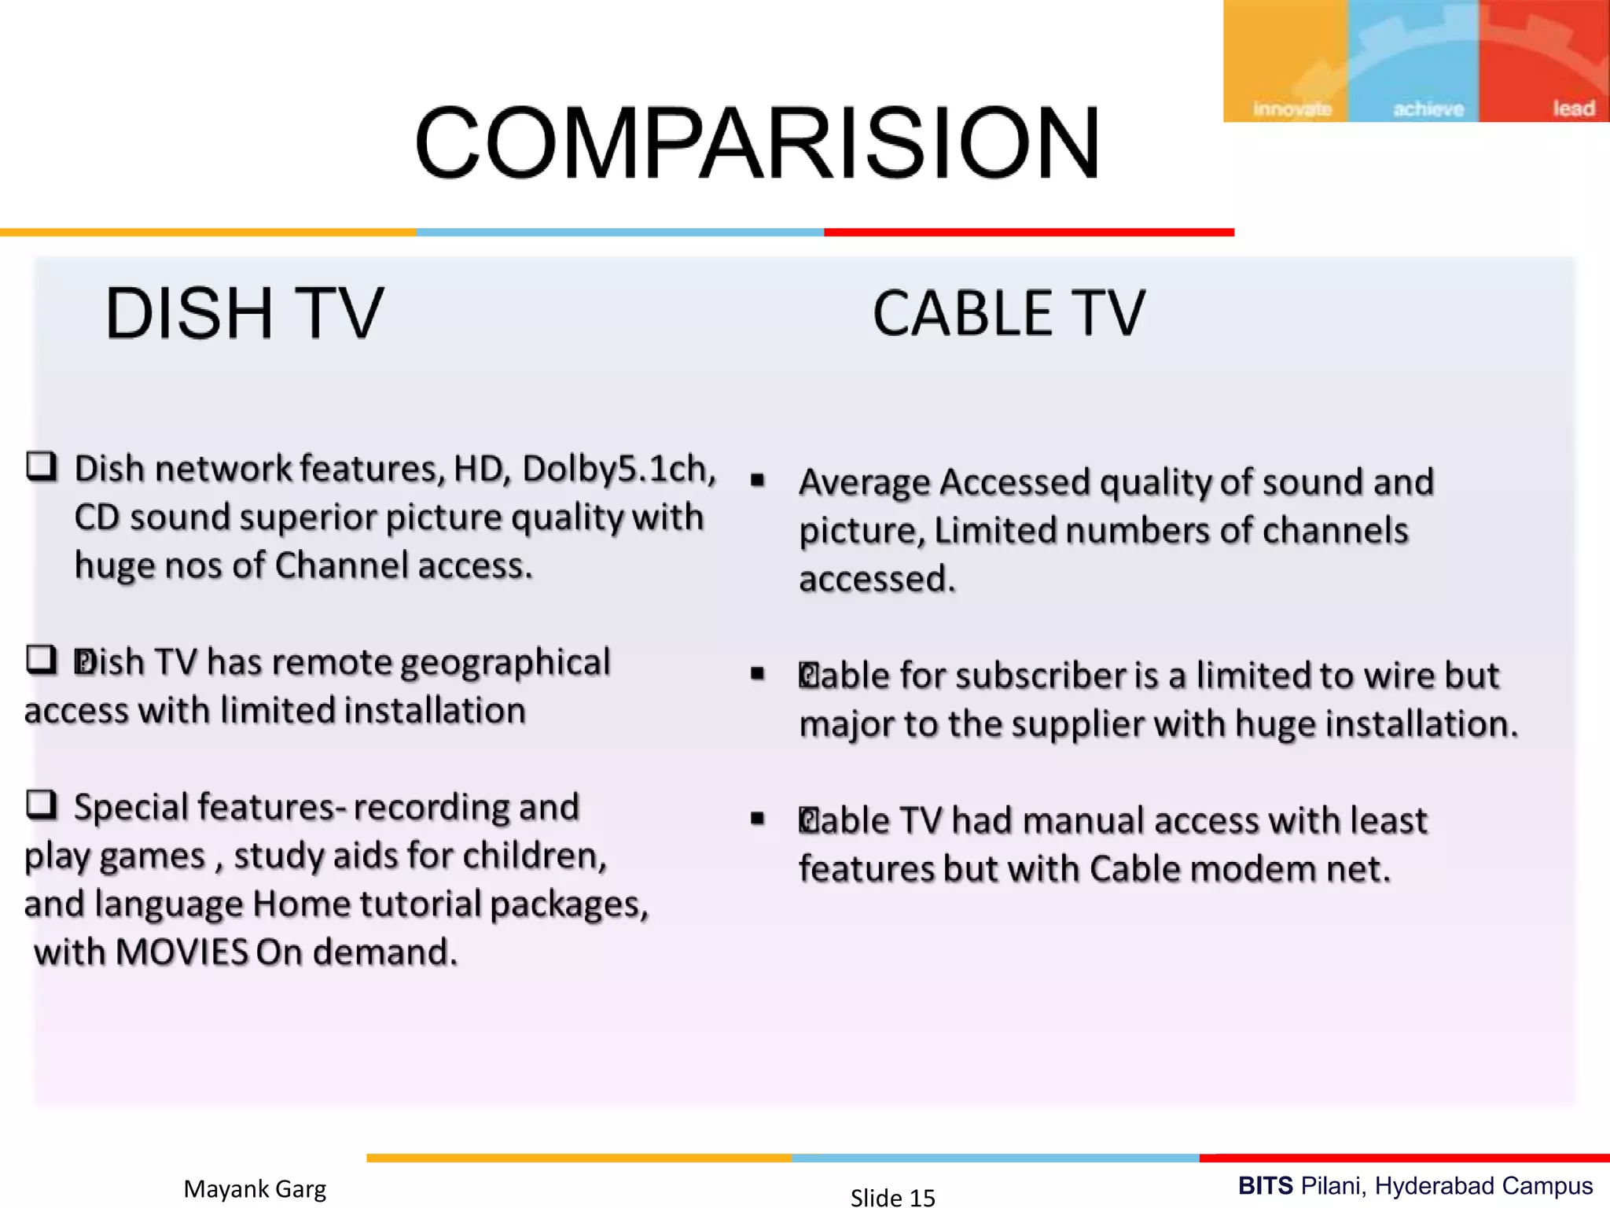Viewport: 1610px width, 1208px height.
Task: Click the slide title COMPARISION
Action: click(x=757, y=143)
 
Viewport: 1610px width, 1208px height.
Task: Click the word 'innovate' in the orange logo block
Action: click(x=1292, y=109)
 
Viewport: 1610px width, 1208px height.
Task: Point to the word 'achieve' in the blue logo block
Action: click(x=1428, y=109)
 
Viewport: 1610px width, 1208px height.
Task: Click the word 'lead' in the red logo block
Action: click(x=1573, y=108)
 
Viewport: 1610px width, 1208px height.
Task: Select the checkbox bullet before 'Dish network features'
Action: click(x=42, y=466)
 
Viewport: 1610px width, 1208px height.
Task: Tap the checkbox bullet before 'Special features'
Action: click(x=42, y=805)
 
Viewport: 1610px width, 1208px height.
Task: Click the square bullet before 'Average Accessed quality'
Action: click(x=758, y=480)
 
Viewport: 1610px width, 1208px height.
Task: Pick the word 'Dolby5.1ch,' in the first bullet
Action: click(x=619, y=469)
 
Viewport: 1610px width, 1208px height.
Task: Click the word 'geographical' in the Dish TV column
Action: click(x=505, y=662)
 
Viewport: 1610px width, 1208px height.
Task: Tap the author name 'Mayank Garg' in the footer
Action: click(x=255, y=1188)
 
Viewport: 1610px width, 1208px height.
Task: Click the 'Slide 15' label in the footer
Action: click(x=892, y=1197)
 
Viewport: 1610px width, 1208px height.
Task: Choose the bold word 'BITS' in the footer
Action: click(x=1265, y=1185)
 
